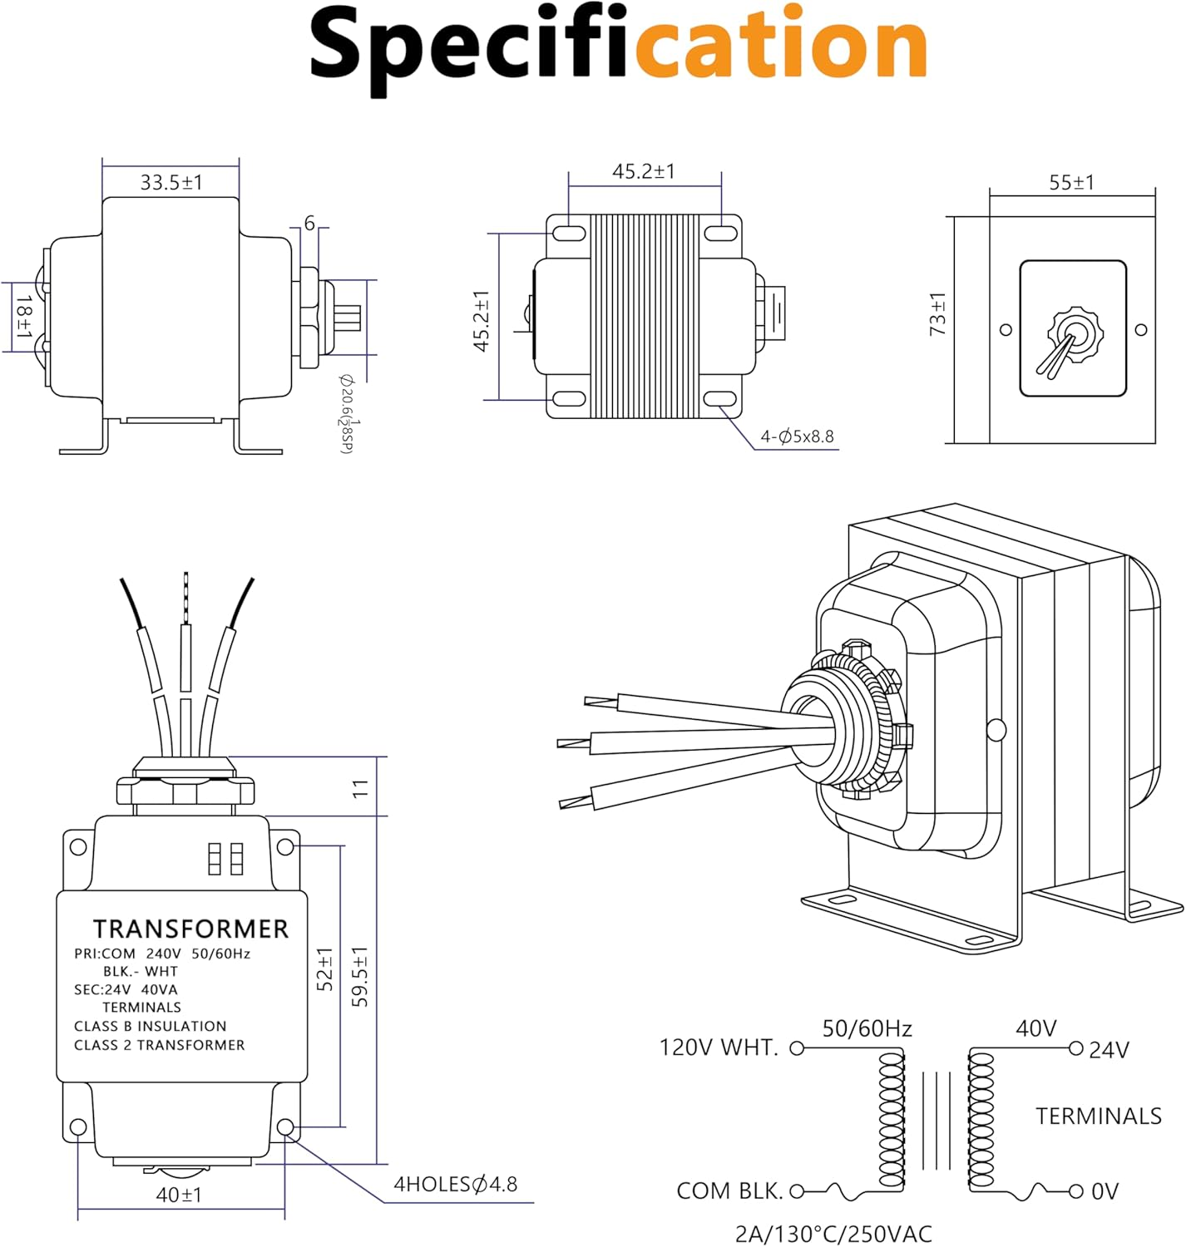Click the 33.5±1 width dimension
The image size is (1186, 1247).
click(x=170, y=182)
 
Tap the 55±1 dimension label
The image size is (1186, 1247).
click(x=1071, y=183)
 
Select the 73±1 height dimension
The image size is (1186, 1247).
click(x=937, y=314)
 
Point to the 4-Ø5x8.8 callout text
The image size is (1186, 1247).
click(x=797, y=436)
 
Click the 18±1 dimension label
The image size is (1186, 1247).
click(x=24, y=317)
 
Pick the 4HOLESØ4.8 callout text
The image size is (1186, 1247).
click(x=455, y=1184)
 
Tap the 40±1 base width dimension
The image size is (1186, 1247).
click(x=179, y=1195)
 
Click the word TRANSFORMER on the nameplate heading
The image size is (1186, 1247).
click(x=190, y=929)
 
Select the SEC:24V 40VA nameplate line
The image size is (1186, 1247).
click(x=126, y=989)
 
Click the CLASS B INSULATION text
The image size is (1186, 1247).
click(x=150, y=1026)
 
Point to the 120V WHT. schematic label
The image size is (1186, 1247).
click(x=719, y=1047)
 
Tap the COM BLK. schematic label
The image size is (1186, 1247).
click(x=729, y=1191)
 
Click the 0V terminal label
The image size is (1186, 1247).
click(x=1104, y=1192)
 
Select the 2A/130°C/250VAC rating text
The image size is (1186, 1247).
click(x=833, y=1234)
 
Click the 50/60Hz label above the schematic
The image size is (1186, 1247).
click(x=867, y=1029)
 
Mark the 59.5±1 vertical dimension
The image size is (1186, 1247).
click(x=359, y=976)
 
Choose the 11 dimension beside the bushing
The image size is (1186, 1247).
click(x=359, y=788)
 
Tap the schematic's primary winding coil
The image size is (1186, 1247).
click(x=892, y=1118)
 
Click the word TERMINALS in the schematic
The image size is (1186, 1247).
click(x=1098, y=1116)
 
